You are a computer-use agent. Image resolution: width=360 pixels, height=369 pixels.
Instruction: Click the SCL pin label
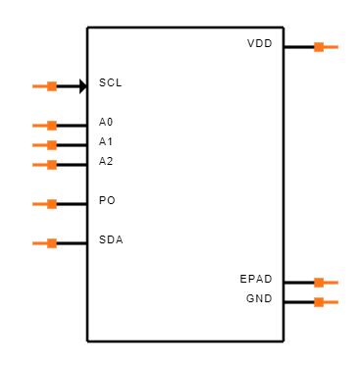pos(110,83)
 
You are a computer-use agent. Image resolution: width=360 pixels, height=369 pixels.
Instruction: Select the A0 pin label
pos(106,123)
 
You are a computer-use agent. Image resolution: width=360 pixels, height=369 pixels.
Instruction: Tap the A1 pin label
pos(106,142)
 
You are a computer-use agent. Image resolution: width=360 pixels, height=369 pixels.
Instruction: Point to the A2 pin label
pos(106,162)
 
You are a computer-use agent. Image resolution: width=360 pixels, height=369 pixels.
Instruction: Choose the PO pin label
pos(107,201)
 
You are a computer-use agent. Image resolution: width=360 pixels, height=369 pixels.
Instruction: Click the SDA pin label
pos(111,240)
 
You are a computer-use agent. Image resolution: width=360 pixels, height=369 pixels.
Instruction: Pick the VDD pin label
pos(260,45)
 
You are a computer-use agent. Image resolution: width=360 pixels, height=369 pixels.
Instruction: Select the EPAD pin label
pos(256,280)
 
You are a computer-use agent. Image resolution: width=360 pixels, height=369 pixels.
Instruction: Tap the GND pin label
pos(259,299)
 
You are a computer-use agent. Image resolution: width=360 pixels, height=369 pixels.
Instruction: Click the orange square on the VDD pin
pos(319,46)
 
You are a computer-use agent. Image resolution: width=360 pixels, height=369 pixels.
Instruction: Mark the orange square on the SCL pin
pos(52,86)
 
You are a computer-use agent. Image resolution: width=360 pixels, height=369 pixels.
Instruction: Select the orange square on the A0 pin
pos(52,126)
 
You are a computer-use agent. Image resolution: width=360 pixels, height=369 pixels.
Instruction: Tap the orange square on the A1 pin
pos(52,145)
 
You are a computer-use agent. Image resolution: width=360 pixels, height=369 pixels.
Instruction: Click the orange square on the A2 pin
pos(52,165)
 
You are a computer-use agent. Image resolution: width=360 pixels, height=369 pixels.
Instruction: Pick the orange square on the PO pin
pos(52,204)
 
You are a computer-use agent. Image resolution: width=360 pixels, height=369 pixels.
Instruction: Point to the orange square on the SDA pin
pos(52,243)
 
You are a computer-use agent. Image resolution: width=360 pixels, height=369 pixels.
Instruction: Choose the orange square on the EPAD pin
pos(319,283)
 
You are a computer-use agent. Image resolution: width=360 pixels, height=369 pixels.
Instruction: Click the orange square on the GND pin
pos(319,302)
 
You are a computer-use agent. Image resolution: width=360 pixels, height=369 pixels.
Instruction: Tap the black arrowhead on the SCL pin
pos(82,86)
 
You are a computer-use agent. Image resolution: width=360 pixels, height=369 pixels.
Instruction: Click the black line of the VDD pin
pos(298,46)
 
